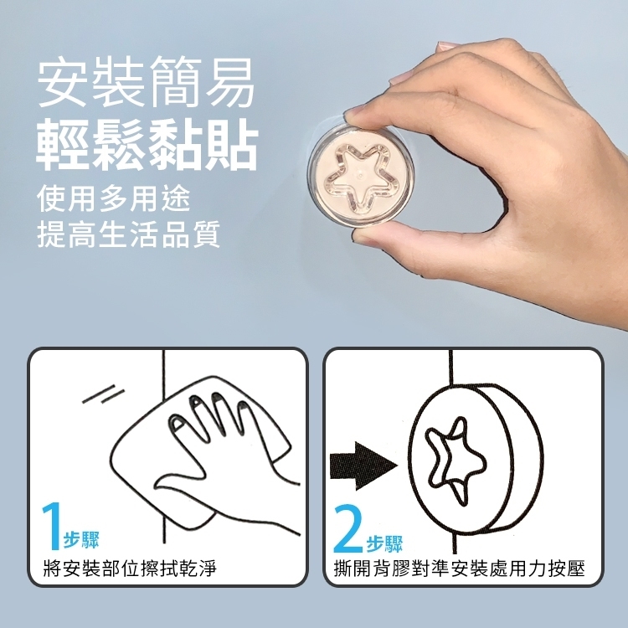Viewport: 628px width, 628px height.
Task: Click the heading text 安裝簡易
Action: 146,81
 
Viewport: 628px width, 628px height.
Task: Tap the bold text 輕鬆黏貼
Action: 147,144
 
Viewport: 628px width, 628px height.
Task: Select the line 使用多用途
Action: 113,198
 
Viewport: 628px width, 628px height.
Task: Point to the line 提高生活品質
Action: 129,234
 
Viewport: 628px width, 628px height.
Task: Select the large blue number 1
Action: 52,526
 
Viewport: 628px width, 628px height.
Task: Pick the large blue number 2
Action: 347,528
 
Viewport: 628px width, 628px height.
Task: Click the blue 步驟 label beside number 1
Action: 81,540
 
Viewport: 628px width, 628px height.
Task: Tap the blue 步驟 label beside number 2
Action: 384,543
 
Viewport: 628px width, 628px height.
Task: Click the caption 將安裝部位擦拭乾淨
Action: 130,569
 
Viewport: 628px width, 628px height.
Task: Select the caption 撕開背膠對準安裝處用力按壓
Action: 460,569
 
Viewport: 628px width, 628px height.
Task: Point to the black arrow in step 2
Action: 363,466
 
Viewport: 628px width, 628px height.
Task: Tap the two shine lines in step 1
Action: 103,394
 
